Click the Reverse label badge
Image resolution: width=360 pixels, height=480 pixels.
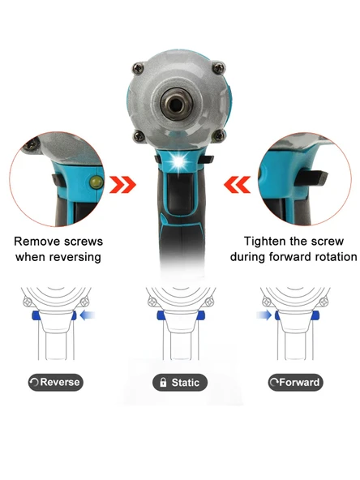pos(56,382)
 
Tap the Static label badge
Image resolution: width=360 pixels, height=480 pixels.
pos(180,383)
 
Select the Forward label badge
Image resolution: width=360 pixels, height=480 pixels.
pos(296,383)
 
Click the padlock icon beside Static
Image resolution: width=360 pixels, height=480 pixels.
pos(163,383)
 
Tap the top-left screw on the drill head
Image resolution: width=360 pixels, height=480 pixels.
pos(139,68)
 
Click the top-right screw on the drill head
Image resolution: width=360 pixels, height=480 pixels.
pos(219,68)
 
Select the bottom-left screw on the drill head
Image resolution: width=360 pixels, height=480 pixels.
pos(139,135)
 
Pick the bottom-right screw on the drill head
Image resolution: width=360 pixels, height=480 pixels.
pos(220,135)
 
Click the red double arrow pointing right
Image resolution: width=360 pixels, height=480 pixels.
pos(122,185)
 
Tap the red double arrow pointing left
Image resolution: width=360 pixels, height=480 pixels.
pos(238,185)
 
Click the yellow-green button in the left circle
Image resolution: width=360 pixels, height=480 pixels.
pos(96,182)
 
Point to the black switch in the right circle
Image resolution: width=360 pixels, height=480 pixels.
pos(311,178)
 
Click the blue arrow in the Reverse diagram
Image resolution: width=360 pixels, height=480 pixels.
pos(88,315)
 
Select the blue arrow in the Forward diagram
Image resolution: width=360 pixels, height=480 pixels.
pos(264,315)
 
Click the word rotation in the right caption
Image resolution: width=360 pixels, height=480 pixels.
pos(335,256)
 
